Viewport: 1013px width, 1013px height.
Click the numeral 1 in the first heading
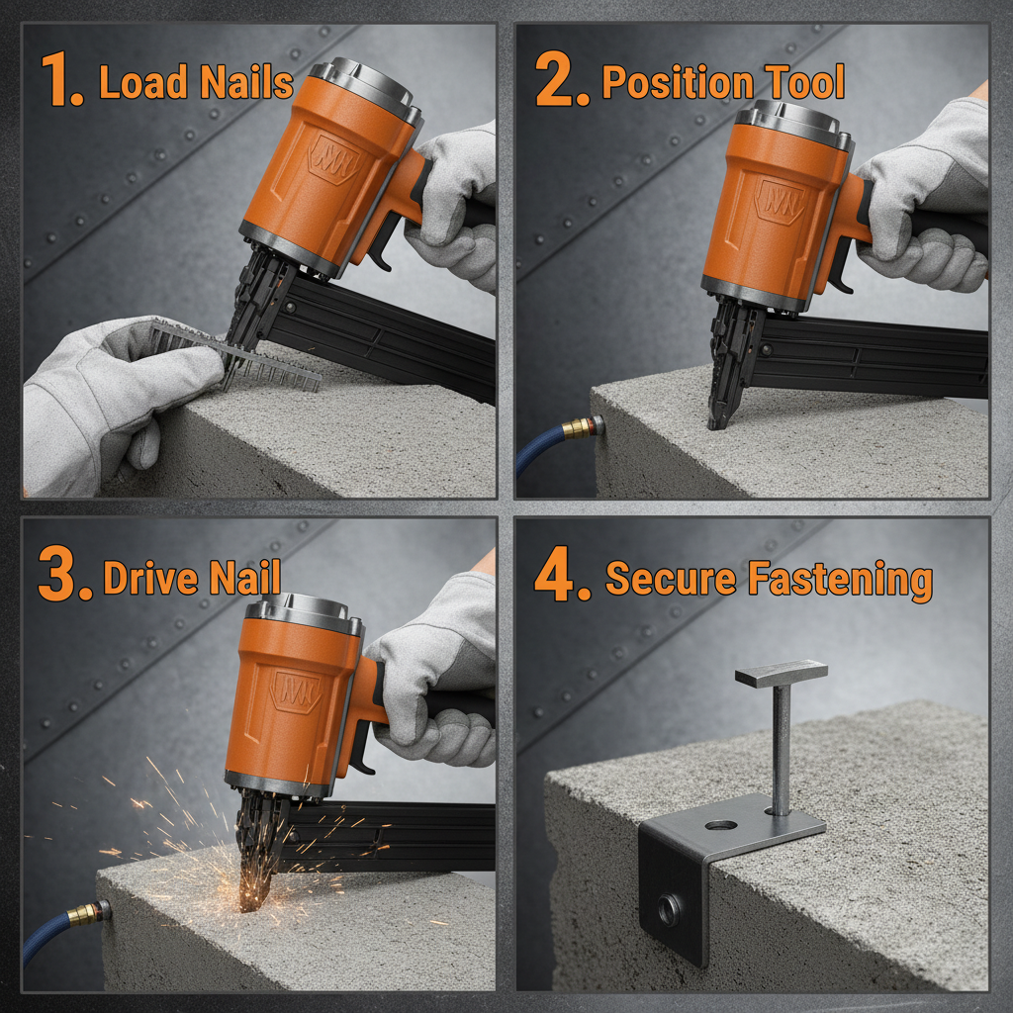(61, 81)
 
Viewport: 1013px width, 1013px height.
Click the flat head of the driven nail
(782, 675)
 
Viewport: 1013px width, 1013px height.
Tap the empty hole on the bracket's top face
(720, 824)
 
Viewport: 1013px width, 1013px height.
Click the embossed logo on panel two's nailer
(778, 203)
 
